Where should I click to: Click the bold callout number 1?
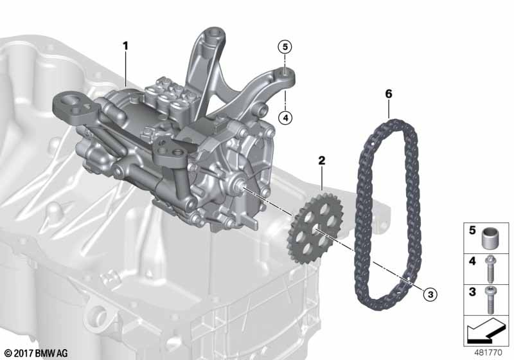125,46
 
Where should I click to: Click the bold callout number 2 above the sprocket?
322,160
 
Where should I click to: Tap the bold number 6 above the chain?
389,94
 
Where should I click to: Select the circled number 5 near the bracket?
285,47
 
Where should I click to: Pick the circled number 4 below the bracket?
285,118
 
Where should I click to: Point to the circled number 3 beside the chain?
430,294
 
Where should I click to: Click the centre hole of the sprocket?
315,229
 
